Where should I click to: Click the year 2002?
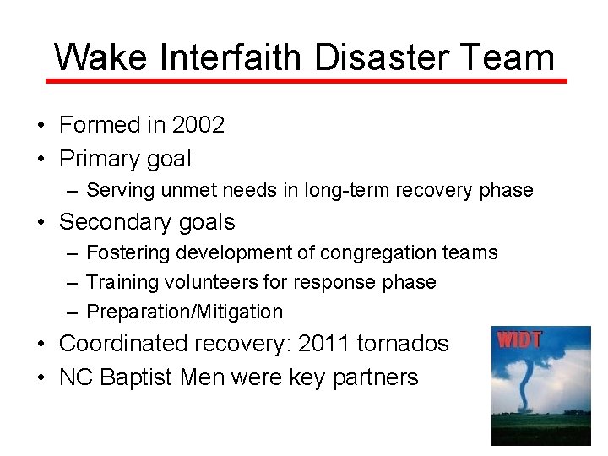(198, 125)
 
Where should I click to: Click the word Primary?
(99, 159)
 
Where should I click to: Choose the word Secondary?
(113, 222)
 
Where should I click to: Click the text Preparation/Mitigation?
(185, 312)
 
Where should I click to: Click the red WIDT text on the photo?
(519, 341)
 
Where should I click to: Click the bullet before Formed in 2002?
(41, 126)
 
